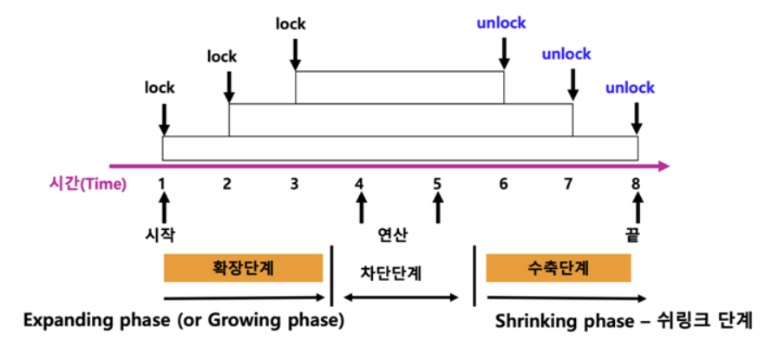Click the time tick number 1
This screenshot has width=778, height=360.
pos(162,183)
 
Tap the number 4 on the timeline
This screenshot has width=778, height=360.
pos(359,183)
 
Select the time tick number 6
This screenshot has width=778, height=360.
pos(503,183)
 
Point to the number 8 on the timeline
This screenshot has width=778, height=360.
pos(637,183)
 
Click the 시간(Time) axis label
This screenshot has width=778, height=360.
pos(88,183)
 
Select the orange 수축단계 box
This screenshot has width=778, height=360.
pos(558,268)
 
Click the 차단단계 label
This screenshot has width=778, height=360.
pos(391,271)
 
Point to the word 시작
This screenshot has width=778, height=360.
pos(162,235)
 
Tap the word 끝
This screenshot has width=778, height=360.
pos(637,235)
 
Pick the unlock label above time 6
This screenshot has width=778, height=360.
pos(500,23)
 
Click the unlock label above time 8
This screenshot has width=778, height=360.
pos(630,88)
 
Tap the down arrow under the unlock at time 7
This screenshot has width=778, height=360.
pos(572,83)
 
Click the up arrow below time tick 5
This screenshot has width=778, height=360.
pos(437,206)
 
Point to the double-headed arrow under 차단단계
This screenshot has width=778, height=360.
pos(401,298)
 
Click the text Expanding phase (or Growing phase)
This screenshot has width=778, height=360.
pos(184,320)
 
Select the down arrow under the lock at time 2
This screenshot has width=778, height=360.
pos(229,86)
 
